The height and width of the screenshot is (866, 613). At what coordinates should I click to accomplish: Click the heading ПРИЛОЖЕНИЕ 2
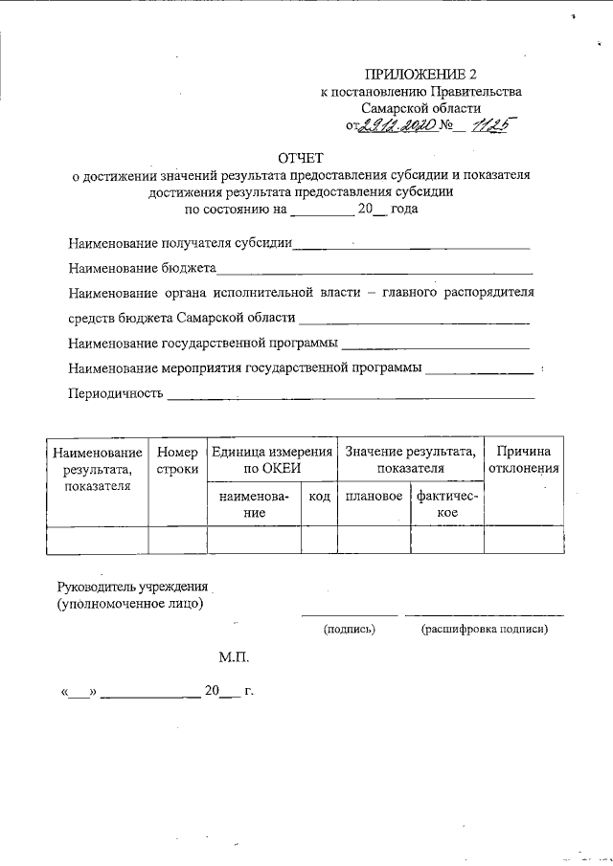tap(420, 75)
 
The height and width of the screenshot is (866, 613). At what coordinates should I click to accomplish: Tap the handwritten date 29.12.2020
tap(397, 125)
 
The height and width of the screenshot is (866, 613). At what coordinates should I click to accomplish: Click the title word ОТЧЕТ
tap(302, 157)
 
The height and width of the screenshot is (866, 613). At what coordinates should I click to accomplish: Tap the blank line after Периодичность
tap(351, 394)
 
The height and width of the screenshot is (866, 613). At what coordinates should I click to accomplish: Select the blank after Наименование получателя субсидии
tap(411, 246)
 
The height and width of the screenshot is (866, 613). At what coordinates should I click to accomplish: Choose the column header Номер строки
tap(177, 460)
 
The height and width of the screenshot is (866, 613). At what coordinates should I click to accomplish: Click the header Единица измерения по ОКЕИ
tap(271, 460)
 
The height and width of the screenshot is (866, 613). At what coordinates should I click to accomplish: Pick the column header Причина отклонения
tap(523, 460)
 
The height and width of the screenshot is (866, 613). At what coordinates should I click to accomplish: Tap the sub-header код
tap(317, 498)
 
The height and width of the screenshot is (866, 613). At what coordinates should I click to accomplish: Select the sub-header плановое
tap(374, 498)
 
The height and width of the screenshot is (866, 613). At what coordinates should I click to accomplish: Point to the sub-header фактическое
tap(447, 504)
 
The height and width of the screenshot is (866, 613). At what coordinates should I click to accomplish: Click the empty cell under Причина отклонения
tap(523, 540)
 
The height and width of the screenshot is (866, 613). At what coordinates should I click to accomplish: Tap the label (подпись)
tap(350, 629)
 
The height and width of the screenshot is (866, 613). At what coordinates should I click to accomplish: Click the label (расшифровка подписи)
tap(484, 629)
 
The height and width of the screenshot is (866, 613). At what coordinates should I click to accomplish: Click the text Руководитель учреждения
tap(132, 586)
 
